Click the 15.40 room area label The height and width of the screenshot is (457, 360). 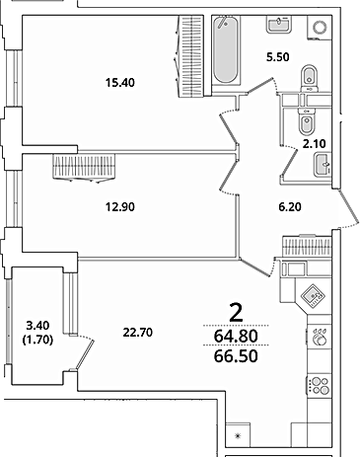pos(120,83)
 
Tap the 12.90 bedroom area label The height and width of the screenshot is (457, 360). pos(120,207)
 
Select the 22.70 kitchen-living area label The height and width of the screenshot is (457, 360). pos(138,333)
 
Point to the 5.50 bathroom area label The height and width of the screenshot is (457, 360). pos(278,57)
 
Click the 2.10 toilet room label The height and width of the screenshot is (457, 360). pos(314,144)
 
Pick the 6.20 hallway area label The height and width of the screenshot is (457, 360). pos(290,207)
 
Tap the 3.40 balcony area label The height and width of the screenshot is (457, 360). pos(37,326)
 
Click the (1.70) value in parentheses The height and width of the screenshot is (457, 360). pos(37,340)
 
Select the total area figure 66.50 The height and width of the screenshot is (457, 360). pos(236,356)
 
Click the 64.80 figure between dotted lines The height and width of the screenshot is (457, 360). pos(236,337)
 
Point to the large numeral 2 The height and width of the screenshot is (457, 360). pos(236,313)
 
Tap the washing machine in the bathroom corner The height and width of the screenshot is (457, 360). pos(320,28)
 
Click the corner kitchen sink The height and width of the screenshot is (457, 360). pos(314,296)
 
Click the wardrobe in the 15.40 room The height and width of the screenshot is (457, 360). pos(191,56)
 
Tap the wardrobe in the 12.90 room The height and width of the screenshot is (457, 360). pos(84,168)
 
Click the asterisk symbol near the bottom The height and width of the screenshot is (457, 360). pos(238,436)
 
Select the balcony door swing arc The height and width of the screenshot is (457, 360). pos(87,338)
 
